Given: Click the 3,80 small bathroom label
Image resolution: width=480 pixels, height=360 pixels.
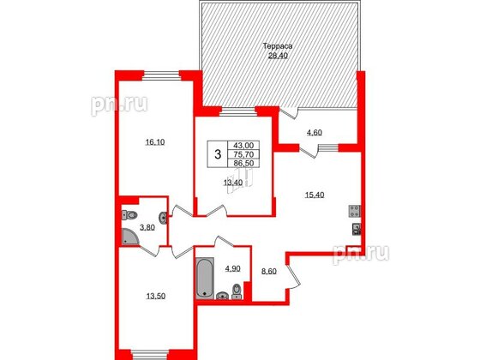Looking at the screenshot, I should point(147,228).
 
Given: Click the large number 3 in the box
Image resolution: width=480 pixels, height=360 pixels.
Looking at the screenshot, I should point(219,154).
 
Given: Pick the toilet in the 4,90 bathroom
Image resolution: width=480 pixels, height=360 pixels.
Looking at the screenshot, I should point(237,295).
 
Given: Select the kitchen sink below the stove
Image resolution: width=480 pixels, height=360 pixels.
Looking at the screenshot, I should point(355,229).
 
